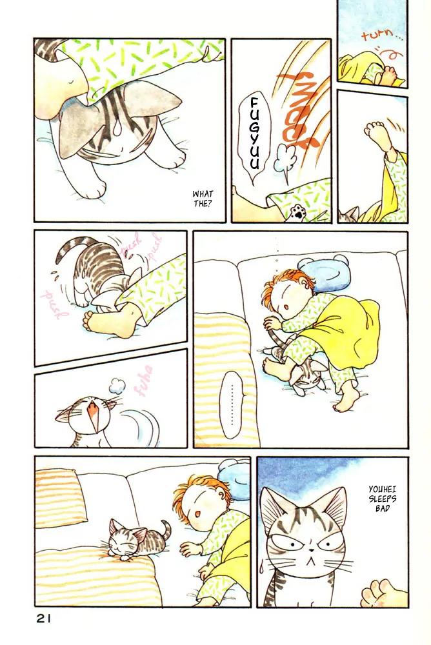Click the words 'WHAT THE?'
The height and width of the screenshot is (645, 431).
click(x=203, y=198)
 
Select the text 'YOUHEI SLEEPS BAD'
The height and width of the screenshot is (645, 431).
click(x=383, y=499)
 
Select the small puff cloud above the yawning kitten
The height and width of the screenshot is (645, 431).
click(x=117, y=385)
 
